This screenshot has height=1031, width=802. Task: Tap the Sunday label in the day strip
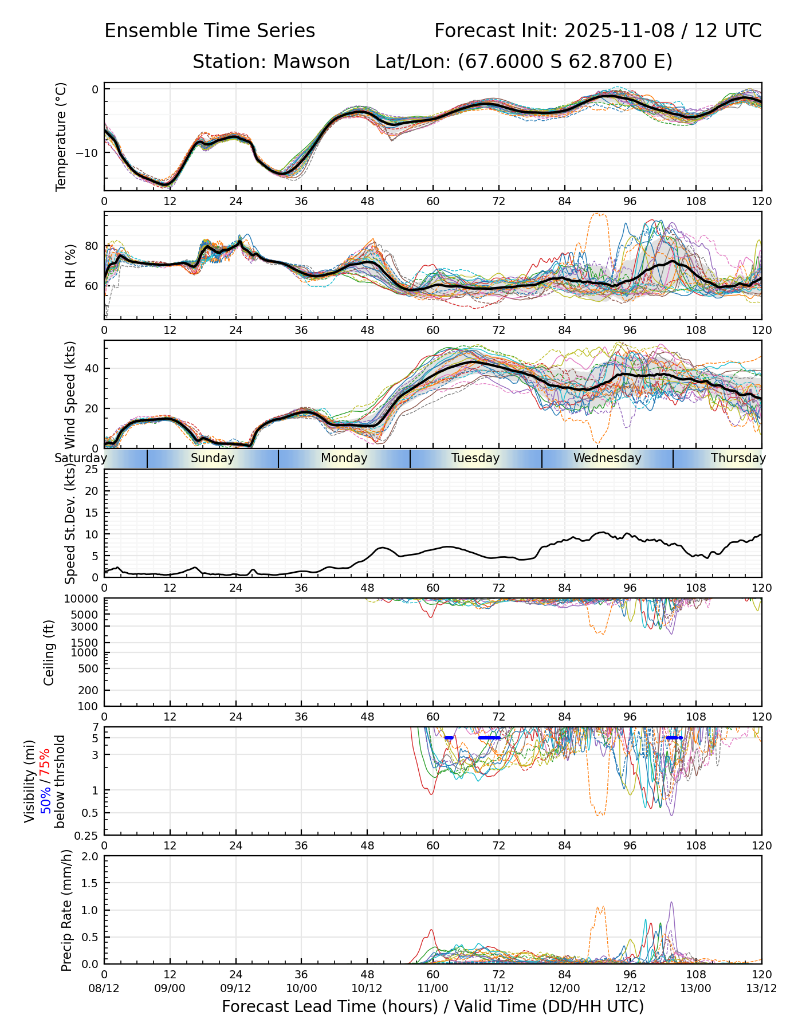pyautogui.click(x=213, y=458)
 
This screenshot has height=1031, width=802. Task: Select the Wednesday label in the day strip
pyautogui.click(x=607, y=458)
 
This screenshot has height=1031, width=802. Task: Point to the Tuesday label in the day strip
pyautogui.click(x=475, y=458)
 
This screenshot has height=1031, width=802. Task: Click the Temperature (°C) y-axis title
pyautogui.click(x=61, y=136)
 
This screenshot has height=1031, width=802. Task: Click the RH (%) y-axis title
pyautogui.click(x=70, y=265)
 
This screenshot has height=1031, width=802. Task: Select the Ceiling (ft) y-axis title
pyautogui.click(x=49, y=652)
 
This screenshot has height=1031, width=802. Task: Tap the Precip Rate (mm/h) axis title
pyautogui.click(x=67, y=910)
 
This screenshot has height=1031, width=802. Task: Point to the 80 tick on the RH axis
pyautogui.click(x=92, y=246)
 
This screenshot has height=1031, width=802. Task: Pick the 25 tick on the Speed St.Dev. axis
pyautogui.click(x=92, y=470)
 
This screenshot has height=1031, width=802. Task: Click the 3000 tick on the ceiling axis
pyautogui.click(x=86, y=626)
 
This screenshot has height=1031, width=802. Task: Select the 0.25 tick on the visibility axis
pyautogui.click(x=87, y=835)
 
